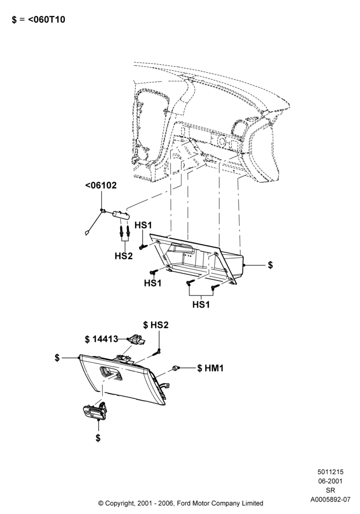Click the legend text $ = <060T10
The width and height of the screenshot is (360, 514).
pos(39,20)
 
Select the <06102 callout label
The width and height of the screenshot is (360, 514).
pos(101,185)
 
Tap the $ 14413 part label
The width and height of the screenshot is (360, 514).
pos(101,339)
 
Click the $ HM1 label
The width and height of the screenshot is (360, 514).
pos(210,368)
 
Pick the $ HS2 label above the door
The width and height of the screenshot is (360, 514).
pos(156,325)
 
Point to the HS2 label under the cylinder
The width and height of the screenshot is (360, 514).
pos(123,255)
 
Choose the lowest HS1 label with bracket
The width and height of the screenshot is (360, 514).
pos(201,304)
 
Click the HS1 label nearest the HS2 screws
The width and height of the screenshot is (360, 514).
pos(143,225)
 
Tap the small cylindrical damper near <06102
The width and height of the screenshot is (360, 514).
pos(121,215)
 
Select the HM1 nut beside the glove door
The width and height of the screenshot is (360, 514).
pos(175,369)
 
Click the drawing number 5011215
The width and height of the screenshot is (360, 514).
pos(330,472)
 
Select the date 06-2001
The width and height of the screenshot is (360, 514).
pos(330,481)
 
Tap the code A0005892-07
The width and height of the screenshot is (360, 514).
pos(330,500)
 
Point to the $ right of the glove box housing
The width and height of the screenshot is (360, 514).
pos(270,265)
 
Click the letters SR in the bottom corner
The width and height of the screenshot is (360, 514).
pos(330,490)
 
